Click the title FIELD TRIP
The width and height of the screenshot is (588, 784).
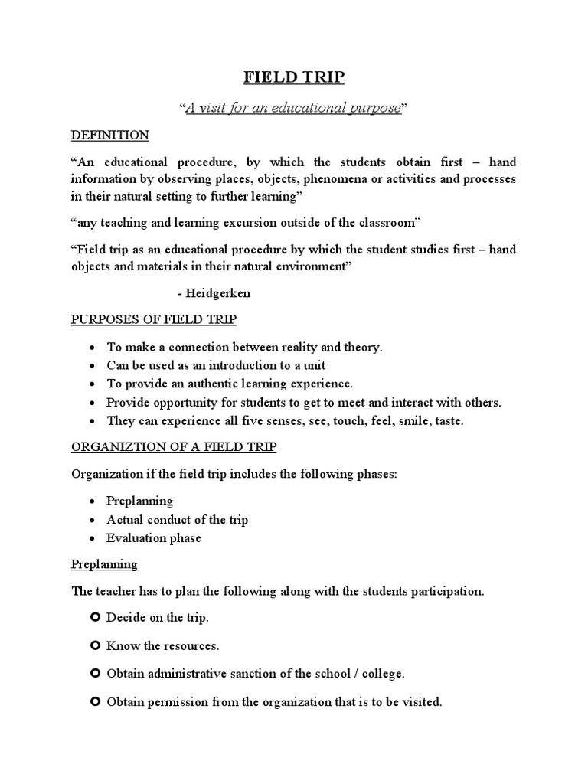click(294, 78)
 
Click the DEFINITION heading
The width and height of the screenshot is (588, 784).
click(110, 136)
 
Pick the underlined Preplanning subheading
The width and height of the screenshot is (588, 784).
click(104, 564)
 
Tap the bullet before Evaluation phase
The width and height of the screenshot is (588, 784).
click(92, 538)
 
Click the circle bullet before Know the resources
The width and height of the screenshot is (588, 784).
click(95, 645)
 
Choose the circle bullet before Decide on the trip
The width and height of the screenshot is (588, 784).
click(95, 617)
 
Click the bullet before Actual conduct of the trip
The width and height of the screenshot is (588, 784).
click(92, 520)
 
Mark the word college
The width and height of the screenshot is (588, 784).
click(382, 674)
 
